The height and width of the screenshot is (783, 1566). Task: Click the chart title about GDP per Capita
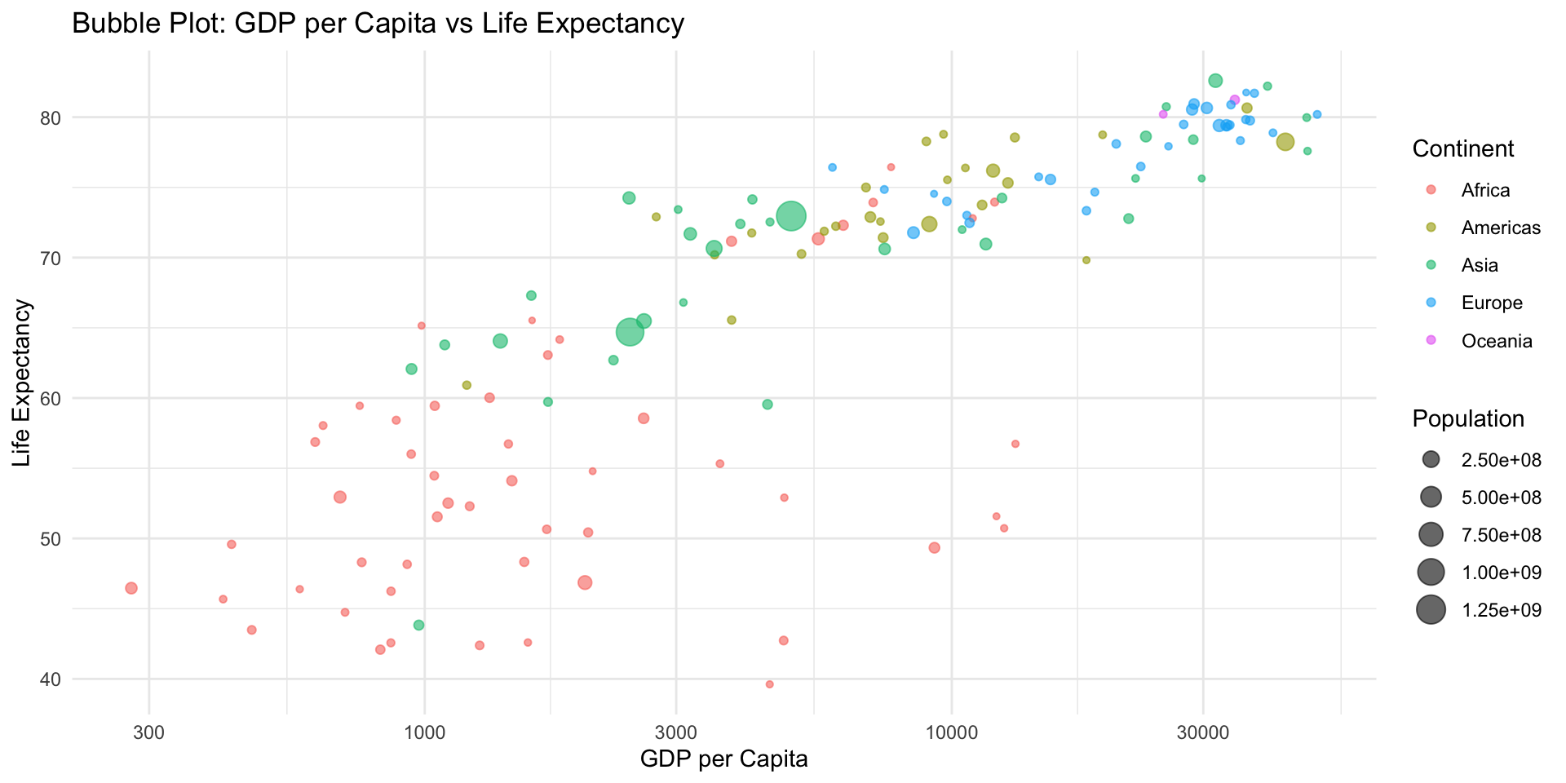[x=378, y=24]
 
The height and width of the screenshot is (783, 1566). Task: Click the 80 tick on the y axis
[x=50, y=118]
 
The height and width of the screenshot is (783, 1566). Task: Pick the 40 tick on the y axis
[x=50, y=679]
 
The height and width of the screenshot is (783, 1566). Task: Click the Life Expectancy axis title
[x=22, y=383]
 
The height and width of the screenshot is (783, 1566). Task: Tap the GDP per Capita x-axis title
[x=723, y=759]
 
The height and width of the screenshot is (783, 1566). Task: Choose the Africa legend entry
[x=1485, y=190]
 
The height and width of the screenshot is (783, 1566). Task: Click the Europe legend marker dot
[x=1431, y=303]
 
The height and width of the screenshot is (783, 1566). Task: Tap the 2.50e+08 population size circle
[x=1431, y=459]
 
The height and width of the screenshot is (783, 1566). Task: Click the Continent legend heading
[x=1462, y=148]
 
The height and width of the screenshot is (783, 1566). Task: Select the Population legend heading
[x=1468, y=418]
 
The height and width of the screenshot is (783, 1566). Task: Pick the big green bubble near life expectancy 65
[x=630, y=332]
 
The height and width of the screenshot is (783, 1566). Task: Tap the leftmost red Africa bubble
[x=131, y=588]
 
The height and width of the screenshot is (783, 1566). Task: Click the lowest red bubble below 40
[x=769, y=684]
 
